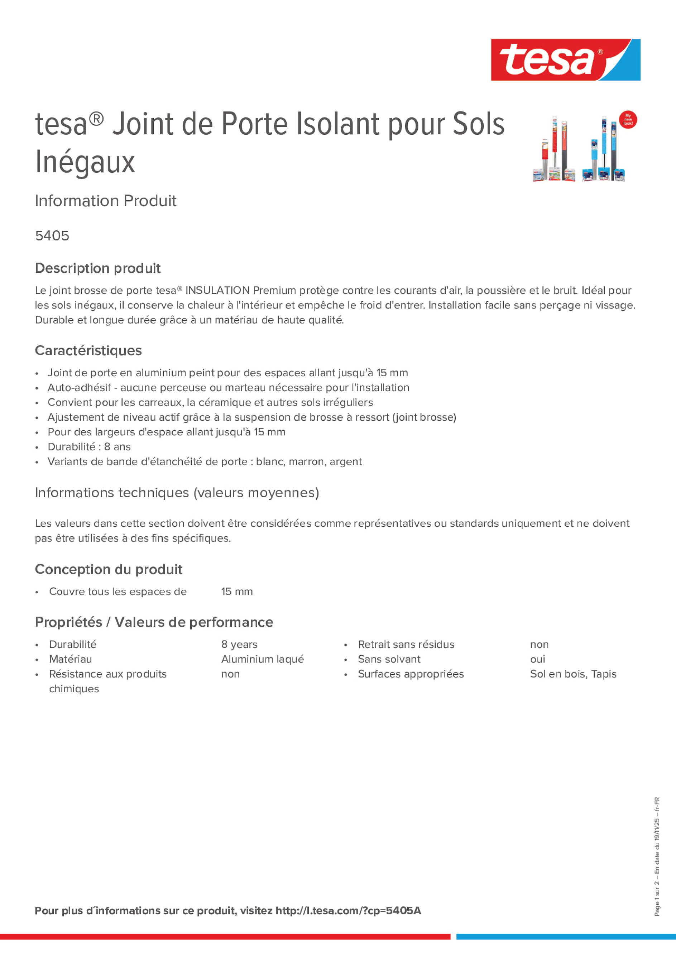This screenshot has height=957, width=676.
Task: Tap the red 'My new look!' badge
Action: (628, 120)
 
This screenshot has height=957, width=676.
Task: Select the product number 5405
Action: (52, 236)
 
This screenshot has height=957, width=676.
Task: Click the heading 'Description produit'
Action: (97, 268)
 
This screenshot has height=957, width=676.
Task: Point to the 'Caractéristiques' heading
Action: (88, 350)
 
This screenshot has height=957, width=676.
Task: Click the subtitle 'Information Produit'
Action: (105, 201)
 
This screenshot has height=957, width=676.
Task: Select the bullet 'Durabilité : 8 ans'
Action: (89, 447)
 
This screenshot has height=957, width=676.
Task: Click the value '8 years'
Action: (239, 645)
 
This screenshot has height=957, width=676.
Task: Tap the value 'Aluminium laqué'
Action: (262, 659)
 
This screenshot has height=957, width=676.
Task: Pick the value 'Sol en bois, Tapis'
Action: (573, 674)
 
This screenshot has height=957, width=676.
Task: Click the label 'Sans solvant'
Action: (389, 659)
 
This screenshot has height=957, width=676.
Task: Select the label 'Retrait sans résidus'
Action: (406, 645)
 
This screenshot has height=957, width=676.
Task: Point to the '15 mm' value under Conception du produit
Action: (237, 592)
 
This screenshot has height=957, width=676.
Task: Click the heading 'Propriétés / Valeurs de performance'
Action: (154, 622)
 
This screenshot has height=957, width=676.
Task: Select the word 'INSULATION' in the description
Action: (217, 290)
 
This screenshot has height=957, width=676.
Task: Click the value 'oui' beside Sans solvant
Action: (537, 659)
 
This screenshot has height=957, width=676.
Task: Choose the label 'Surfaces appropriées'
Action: (411, 674)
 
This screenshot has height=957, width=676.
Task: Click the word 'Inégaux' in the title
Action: (85, 162)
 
